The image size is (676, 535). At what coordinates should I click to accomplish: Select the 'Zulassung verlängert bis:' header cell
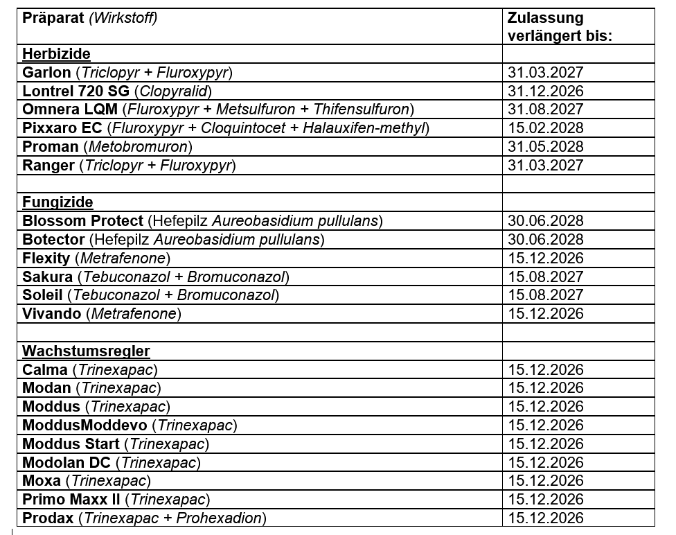560,27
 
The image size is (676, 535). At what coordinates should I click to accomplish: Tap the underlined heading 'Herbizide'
56,54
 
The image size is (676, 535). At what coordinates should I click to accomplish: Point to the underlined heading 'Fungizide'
57,202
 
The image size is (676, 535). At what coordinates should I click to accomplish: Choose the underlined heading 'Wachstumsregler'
86,351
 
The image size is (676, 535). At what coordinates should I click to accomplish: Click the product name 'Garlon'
46,73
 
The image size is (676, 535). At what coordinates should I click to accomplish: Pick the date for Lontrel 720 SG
546,91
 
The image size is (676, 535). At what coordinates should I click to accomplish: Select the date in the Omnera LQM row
546,109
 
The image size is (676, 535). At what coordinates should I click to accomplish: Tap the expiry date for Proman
546,147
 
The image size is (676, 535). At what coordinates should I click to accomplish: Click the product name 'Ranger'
48,166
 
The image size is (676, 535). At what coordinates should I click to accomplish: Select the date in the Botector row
546,240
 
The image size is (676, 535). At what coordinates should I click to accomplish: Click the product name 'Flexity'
46,258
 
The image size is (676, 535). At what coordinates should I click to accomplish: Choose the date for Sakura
546,277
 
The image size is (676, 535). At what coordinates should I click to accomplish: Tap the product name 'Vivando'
52,314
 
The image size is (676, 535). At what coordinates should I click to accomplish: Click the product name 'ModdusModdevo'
85,425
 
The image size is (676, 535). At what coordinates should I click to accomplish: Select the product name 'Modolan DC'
66,462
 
